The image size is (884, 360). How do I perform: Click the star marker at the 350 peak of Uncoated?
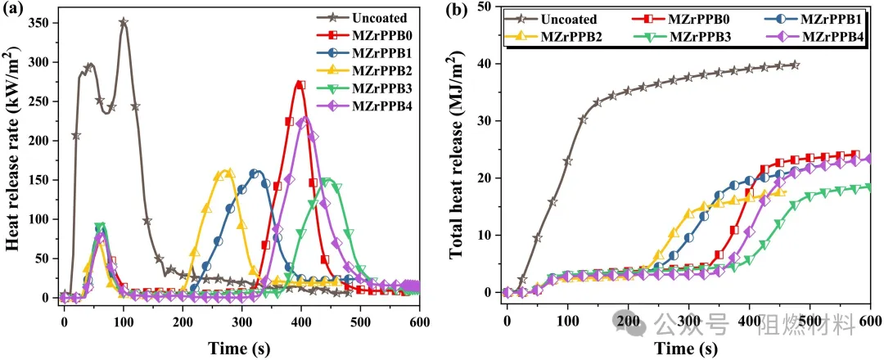tap(124, 23)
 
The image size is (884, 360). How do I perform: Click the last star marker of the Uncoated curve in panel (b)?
tap(794, 65)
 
